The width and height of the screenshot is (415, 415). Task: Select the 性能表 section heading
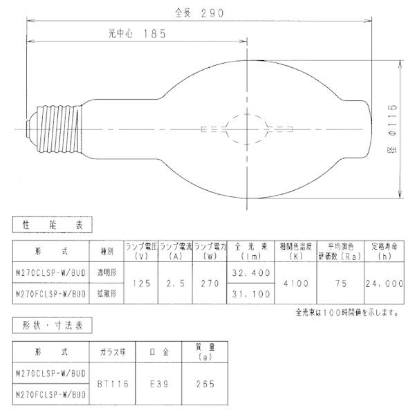[53, 224]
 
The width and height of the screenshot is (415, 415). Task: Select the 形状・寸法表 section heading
[53, 324]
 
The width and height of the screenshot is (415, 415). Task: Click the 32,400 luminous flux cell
[252, 274]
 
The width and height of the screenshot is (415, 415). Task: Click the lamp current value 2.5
[175, 284]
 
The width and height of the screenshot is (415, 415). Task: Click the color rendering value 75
[340, 284]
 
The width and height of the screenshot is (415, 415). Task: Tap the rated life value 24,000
[384, 284]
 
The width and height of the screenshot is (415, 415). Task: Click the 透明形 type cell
[106, 274]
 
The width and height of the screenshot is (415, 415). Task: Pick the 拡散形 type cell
[106, 293]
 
